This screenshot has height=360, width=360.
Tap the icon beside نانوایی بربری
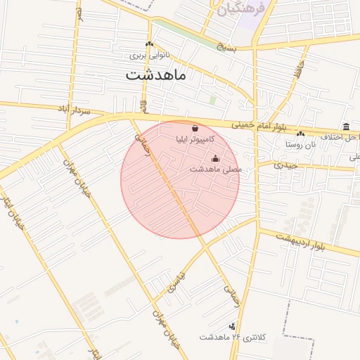point(149,45)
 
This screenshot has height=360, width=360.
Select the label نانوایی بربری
point(149,55)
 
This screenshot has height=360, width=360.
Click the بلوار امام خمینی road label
point(257,124)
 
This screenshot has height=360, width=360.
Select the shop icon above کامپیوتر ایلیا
point(194,129)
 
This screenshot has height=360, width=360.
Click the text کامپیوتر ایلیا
point(195,140)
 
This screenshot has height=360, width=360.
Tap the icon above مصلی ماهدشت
point(215,158)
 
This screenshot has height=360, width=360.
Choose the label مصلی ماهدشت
point(215,169)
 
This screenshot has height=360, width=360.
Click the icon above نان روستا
point(301,133)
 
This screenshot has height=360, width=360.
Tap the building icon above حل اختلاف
point(346,127)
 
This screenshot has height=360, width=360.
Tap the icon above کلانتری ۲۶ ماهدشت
point(231,326)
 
